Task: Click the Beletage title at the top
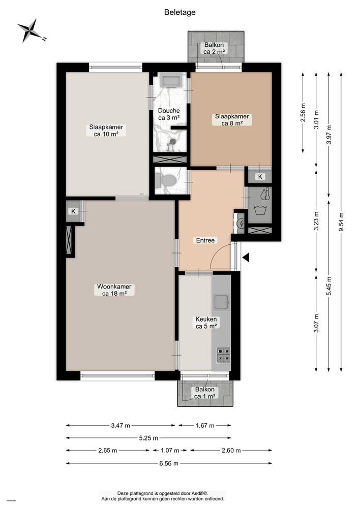[x=179, y=12]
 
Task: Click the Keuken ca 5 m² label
[x=206, y=323]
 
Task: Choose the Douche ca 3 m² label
[x=168, y=114]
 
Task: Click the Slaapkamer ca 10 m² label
[x=106, y=131]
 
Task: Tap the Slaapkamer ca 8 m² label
[x=231, y=119]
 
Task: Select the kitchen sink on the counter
[x=221, y=302]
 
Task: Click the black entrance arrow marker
[x=246, y=259]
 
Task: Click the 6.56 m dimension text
[x=168, y=463]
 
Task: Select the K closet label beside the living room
[x=73, y=211]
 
